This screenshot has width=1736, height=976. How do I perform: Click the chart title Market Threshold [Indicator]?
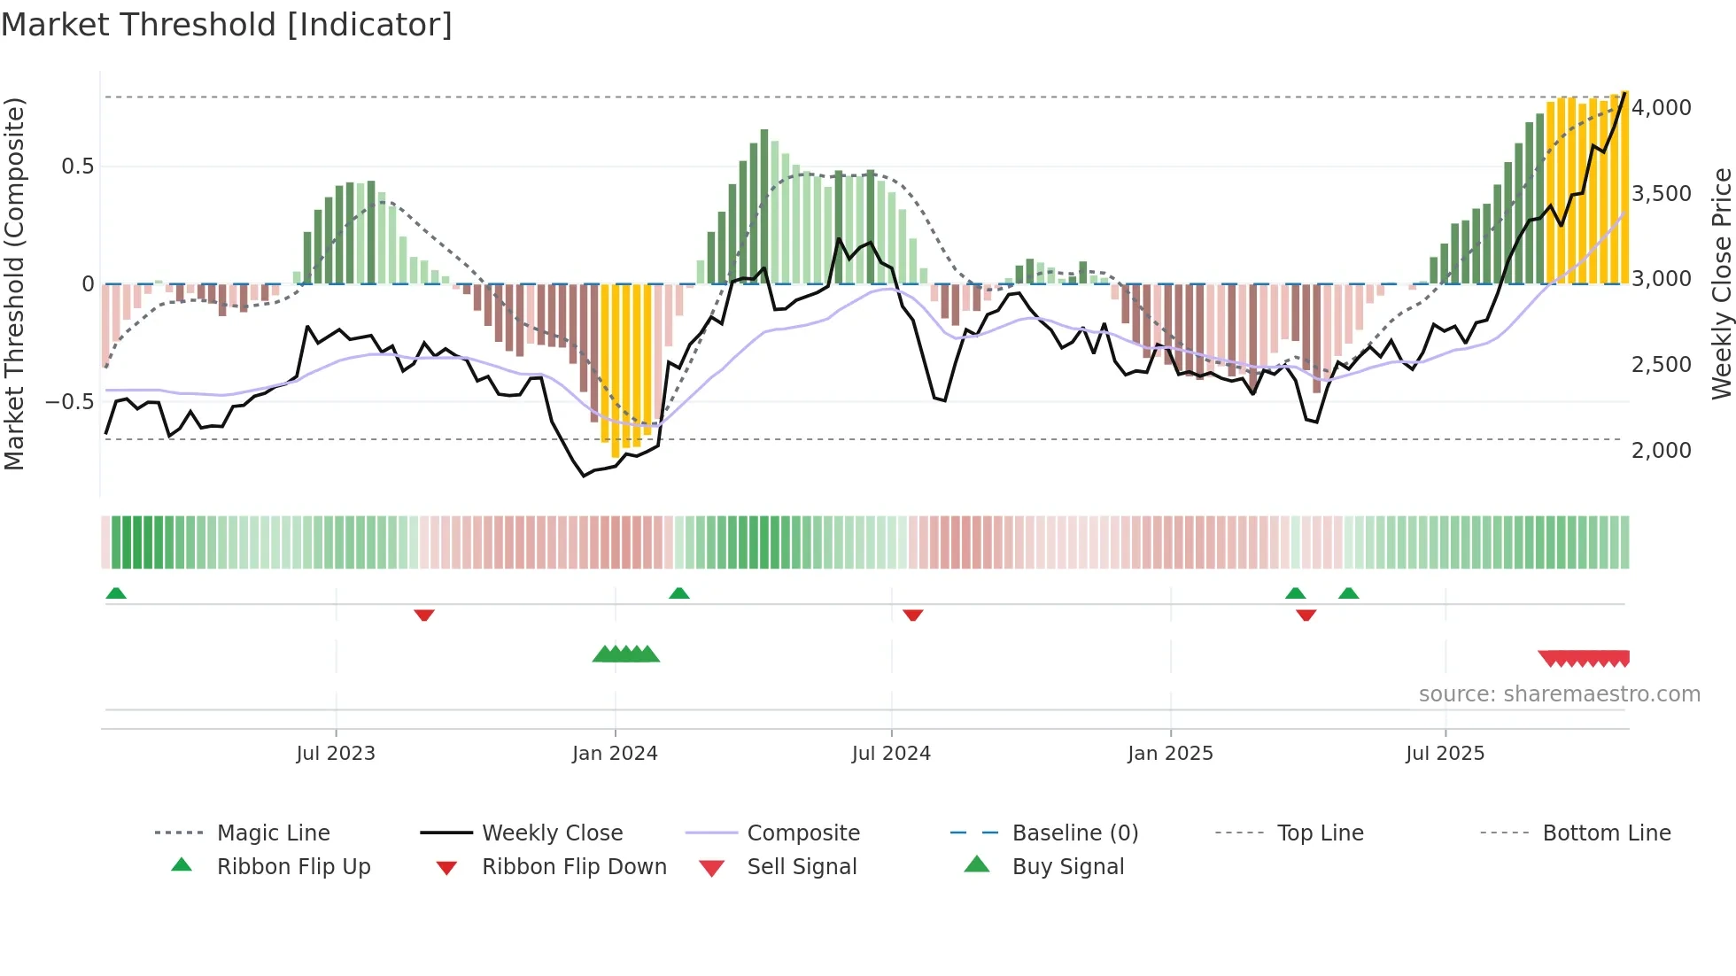[227, 25]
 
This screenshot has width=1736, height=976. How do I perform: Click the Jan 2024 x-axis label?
[615, 754]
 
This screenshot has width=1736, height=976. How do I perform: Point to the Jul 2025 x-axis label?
[1445, 754]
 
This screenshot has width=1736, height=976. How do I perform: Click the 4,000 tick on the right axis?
[1661, 108]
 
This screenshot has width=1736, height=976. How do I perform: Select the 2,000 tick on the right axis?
[1661, 451]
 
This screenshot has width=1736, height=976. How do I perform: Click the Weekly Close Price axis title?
[1721, 283]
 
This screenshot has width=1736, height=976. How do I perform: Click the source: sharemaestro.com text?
[1559, 694]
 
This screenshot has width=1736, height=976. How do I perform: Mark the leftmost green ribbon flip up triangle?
[116, 593]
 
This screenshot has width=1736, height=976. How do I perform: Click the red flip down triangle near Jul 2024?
[913, 615]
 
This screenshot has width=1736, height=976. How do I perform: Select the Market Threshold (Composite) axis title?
[14, 283]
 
